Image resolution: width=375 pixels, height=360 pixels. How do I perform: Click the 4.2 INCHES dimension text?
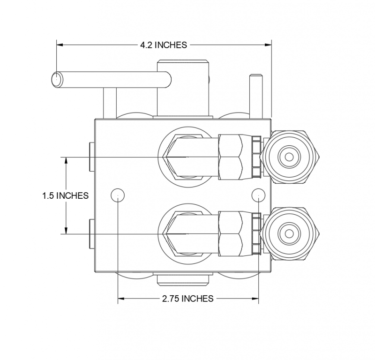pyautogui.click(x=164, y=45)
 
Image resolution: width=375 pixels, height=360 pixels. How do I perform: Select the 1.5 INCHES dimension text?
pyautogui.click(x=65, y=195)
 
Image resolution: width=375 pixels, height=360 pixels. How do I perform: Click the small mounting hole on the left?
pyautogui.click(x=117, y=195)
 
